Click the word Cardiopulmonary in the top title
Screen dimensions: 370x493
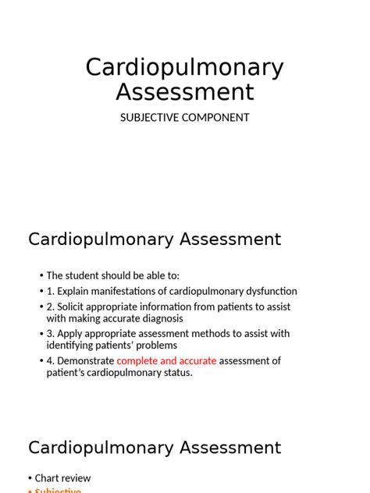(184, 68)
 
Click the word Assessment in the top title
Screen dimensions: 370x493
(185, 92)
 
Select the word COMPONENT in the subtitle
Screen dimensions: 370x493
(213, 118)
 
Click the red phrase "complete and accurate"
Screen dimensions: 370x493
(166, 360)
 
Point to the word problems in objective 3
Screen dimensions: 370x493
(157, 346)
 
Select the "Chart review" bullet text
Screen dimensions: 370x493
(62, 477)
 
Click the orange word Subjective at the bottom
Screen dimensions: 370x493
(58, 491)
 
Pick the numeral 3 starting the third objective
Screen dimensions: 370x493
(50, 334)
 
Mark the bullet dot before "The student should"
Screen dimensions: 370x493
(41, 275)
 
